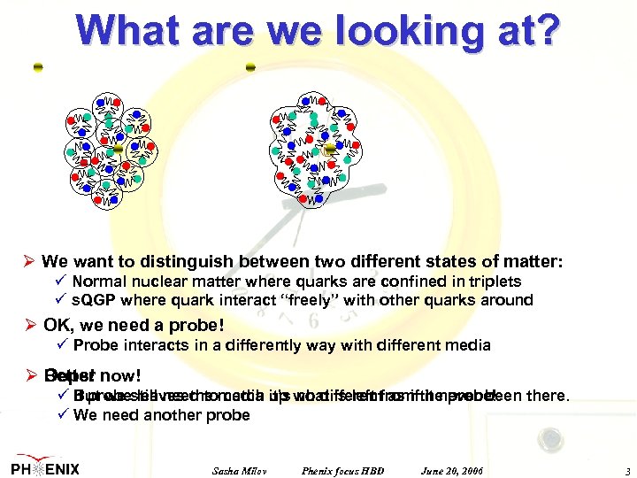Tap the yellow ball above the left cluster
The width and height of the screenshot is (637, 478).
(x=38, y=68)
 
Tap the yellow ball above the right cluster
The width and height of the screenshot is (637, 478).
(x=251, y=67)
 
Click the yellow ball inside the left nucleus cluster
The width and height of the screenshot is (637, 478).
(x=118, y=150)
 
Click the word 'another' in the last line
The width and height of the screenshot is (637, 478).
(x=174, y=414)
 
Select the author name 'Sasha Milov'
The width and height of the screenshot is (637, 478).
(x=240, y=468)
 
